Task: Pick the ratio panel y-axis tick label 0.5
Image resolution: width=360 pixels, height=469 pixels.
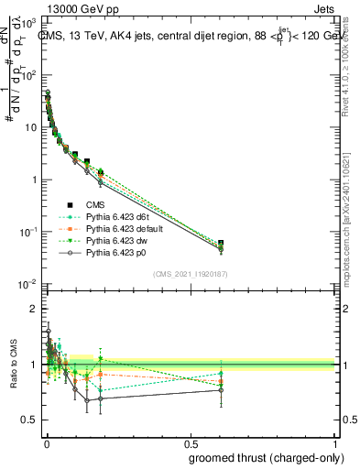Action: pyautogui.click(x=30, y=420)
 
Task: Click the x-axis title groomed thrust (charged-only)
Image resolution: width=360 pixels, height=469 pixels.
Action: pyautogui.click(x=274, y=456)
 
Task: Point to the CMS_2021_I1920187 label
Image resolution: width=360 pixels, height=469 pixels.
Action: pyautogui.click(x=191, y=273)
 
